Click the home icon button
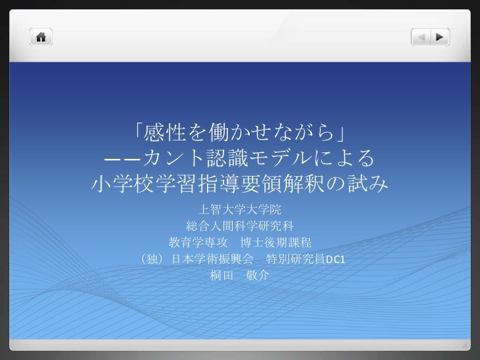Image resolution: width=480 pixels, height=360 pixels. click(x=40, y=37)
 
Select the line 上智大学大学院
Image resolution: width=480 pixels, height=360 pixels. click(x=239, y=210)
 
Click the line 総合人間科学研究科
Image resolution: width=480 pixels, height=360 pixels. click(x=239, y=226)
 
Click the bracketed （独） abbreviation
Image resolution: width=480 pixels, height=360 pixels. click(x=152, y=259)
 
